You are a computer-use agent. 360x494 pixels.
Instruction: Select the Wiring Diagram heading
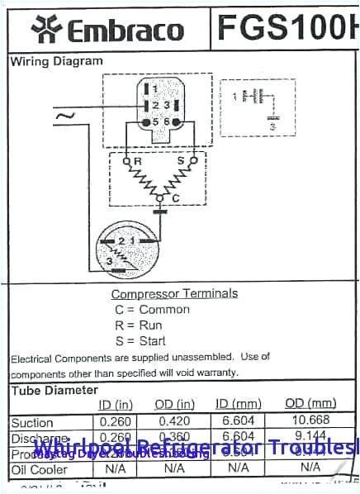56,61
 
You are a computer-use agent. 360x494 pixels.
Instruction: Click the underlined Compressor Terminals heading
174,293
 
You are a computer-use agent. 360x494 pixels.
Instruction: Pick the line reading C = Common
152,310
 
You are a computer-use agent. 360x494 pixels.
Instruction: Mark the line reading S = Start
140,341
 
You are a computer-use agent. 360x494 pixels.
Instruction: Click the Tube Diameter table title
54,390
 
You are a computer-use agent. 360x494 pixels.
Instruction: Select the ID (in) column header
116,404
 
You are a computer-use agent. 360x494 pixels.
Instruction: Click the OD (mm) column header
310,403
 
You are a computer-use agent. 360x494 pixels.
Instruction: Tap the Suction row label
32,423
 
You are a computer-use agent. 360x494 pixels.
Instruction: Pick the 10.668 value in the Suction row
310,421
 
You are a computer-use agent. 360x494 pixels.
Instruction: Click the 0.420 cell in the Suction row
174,421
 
